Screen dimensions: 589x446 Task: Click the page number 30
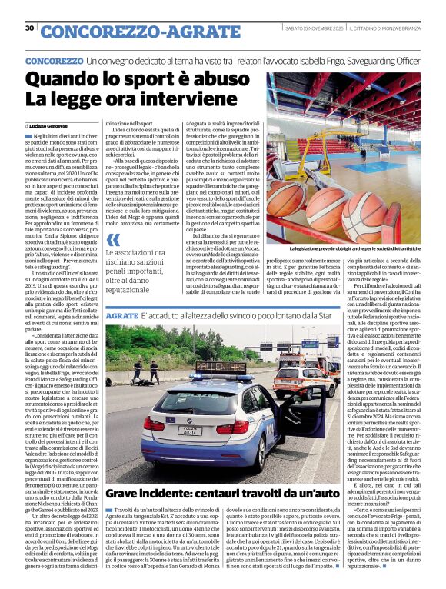[x=29, y=28]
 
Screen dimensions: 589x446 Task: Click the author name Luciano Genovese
[x=48, y=125]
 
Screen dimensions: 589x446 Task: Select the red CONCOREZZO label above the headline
[x=54, y=60]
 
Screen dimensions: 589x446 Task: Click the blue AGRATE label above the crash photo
[x=121, y=317]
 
